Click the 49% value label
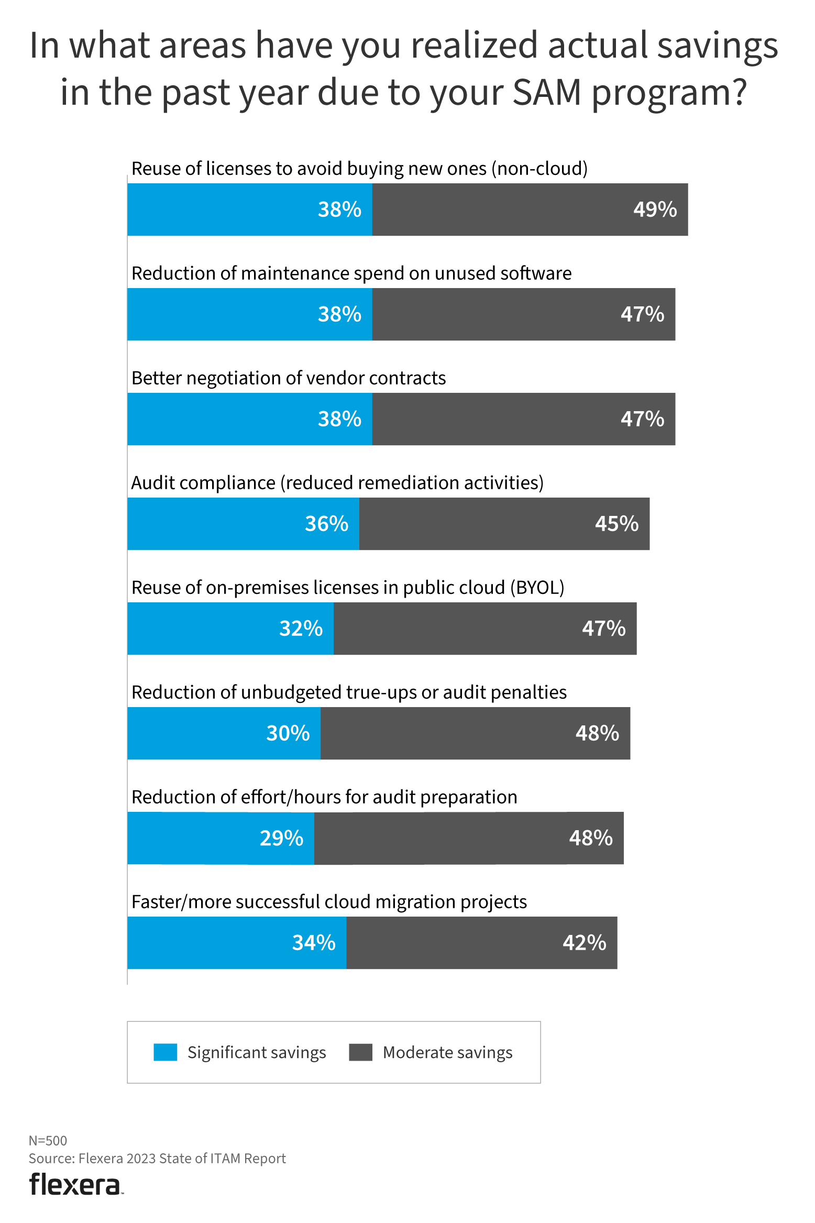[655, 210]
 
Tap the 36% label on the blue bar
[326, 524]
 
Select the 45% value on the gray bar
[616, 524]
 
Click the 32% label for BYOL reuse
[301, 629]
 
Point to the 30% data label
[288, 733]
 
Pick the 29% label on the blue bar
[281, 838]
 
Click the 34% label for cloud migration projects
[314, 943]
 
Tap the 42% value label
[585, 943]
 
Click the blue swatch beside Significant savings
[165, 1052]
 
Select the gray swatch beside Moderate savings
[360, 1052]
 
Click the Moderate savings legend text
[447, 1052]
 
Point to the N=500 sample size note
[48, 1141]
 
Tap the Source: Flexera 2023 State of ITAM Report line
[157, 1159]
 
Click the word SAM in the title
[547, 92]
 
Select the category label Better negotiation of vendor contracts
[289, 378]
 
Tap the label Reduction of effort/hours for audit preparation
[324, 797]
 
